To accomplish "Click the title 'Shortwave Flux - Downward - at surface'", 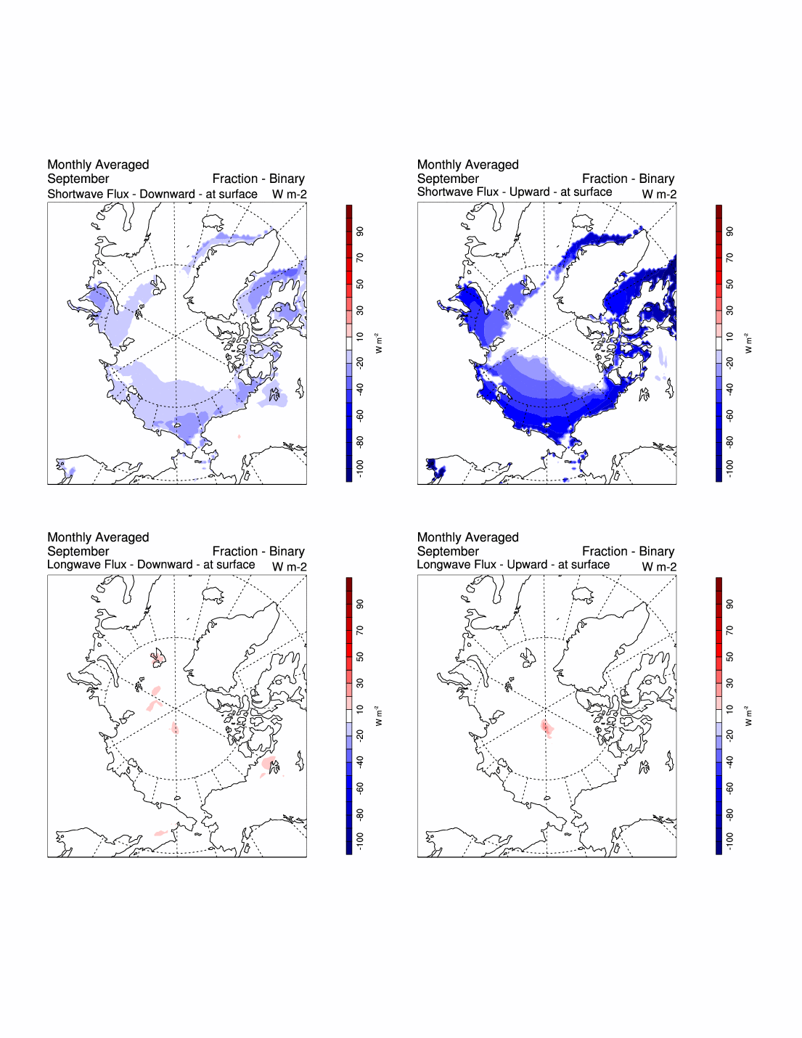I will (152, 195).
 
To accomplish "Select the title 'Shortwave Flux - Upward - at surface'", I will (515, 192).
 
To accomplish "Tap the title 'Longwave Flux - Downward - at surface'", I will (151, 565).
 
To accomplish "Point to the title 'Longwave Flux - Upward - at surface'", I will (513, 565).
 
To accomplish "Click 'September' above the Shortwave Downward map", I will (78, 179).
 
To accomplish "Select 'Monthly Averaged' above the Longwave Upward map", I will (468, 537).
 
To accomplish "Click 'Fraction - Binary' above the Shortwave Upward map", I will (628, 179).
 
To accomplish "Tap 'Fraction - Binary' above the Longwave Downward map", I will (258, 552).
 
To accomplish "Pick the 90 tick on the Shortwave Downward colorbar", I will (361, 232).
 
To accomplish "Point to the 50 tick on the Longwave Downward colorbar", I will (361, 657).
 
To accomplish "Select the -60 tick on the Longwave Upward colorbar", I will (730, 788).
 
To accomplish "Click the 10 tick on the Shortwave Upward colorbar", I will (730, 337).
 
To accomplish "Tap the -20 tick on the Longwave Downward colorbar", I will (361, 735).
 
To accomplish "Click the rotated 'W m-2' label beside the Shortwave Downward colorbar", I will (378, 343).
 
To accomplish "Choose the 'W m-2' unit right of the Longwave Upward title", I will (659, 567).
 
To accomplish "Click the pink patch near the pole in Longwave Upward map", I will (547, 728).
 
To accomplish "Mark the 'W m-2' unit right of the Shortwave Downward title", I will (290, 195).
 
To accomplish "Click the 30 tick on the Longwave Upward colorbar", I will (730, 683).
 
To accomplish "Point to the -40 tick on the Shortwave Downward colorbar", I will (361, 389).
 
